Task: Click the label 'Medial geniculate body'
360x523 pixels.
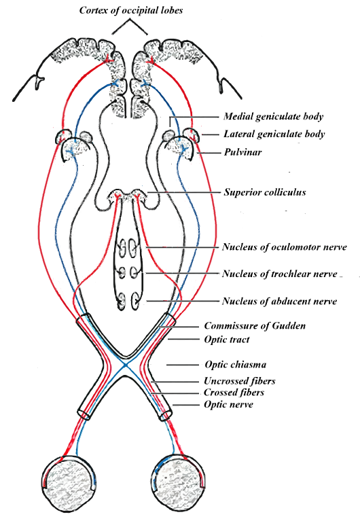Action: point(273,116)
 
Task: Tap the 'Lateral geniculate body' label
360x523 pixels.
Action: point(274,134)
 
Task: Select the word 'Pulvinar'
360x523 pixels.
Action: point(242,152)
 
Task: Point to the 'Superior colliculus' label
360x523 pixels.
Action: point(265,192)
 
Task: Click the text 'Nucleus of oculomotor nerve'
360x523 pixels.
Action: point(284,247)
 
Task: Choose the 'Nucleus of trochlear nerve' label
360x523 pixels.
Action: point(280,274)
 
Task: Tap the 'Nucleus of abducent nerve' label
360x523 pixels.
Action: point(280,301)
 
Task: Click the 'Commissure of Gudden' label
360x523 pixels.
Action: point(255,325)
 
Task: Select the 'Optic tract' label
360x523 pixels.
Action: point(227,340)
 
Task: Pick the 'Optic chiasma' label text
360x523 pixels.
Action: point(236,364)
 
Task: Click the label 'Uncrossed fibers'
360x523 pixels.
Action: point(240,381)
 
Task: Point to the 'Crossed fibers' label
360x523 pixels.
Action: point(234,393)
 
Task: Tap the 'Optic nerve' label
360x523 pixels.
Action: point(228,405)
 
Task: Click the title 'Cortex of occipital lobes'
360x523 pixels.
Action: point(131,10)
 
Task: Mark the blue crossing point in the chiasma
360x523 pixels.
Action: point(126,365)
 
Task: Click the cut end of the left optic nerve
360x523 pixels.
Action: point(84,414)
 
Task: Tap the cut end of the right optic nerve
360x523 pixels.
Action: point(166,414)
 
